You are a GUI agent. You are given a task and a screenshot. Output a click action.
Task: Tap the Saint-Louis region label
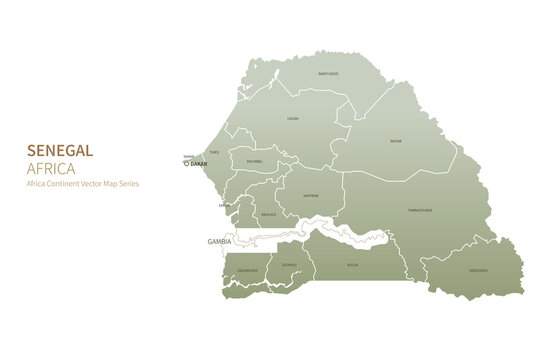point(328,74)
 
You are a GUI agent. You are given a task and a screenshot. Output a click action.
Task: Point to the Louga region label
point(293,118)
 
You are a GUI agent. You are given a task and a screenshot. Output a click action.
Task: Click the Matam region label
point(396,141)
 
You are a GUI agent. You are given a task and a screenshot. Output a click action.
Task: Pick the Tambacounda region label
point(420,211)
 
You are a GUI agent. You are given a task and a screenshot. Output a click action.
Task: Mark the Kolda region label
point(352,265)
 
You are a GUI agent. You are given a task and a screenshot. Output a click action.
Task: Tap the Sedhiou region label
point(289,265)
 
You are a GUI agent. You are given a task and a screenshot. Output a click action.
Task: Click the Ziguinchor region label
point(246,270)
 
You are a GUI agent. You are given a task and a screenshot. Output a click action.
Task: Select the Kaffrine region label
point(311,196)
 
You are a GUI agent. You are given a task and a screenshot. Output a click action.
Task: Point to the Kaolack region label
point(268,214)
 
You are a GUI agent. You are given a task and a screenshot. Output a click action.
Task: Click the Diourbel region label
point(254,160)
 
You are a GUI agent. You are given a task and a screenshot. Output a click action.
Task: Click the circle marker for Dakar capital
point(186,164)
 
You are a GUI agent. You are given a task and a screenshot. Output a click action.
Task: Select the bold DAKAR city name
point(199,164)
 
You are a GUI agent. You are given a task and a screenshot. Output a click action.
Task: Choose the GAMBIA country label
point(205,241)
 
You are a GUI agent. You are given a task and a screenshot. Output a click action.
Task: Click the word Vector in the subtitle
point(93,184)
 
